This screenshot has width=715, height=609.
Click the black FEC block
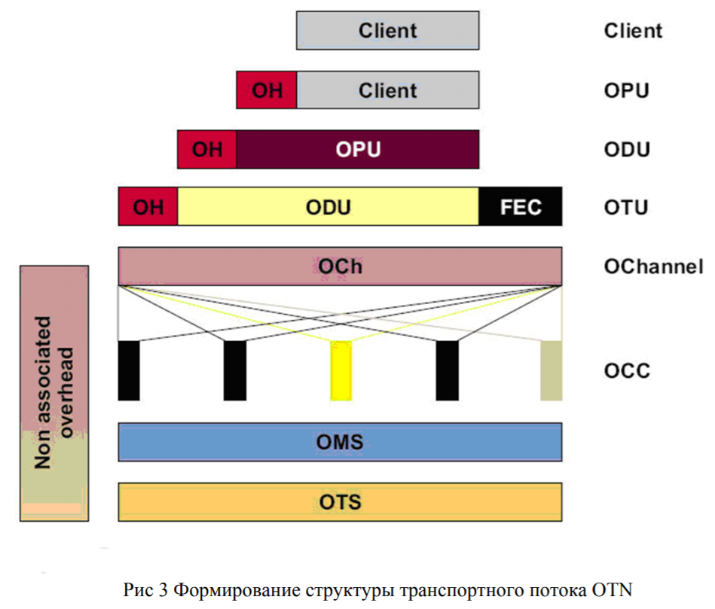(521, 206)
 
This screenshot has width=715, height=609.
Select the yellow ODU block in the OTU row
(328, 206)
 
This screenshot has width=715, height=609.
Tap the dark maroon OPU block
(358, 149)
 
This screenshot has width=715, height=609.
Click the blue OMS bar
(340, 441)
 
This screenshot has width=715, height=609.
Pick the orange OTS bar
(340, 501)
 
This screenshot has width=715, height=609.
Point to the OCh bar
(340, 266)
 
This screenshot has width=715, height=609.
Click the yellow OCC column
(341, 370)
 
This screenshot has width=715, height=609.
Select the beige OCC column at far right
(552, 370)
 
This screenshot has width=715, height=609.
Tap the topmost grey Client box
(388, 31)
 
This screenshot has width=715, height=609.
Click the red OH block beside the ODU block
(148, 206)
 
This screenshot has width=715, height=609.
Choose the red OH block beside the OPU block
(207, 149)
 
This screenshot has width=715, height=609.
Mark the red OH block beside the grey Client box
(267, 90)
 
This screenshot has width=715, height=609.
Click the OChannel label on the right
(653, 266)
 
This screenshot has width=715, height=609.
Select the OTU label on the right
(626, 207)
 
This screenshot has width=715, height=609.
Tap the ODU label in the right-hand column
(627, 149)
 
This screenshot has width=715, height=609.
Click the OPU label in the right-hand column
(626, 90)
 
